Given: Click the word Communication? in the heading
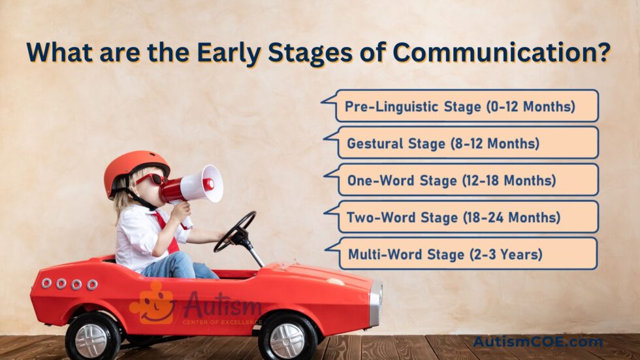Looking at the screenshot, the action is pos(502,52).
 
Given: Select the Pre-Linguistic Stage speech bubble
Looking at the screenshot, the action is pos(460,106).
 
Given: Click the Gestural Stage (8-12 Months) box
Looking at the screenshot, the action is pos(461,142).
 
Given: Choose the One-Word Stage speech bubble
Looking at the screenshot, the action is pos(461,180).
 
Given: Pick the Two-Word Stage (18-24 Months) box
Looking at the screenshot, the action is pos(461,217).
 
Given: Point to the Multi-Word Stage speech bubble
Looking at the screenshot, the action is pos(461,254).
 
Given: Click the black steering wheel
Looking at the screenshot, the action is pos(234,231).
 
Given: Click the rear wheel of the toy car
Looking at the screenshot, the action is pos(93,336).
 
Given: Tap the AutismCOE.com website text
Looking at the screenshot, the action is pos(537,342).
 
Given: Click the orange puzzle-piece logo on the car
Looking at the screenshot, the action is pos(153,304).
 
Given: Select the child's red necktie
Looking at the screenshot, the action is pos(167,232).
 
